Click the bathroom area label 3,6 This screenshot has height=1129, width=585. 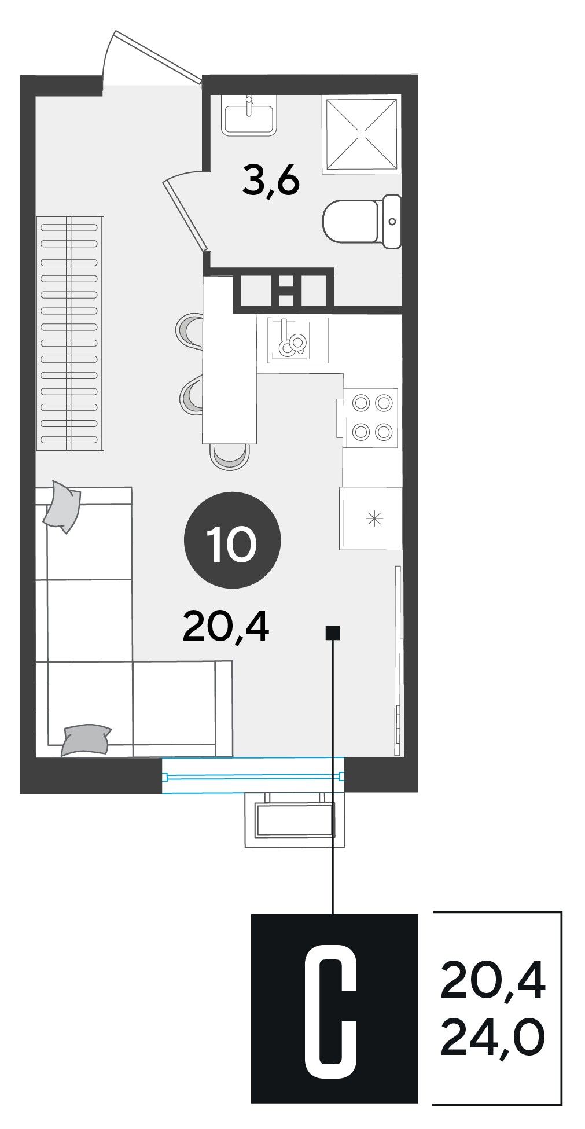[x=271, y=181]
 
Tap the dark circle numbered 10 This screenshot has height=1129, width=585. [x=232, y=540]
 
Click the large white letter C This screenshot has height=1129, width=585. [x=331, y=1012]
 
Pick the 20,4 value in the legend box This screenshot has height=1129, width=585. [x=493, y=981]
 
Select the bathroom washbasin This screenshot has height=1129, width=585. [x=249, y=115]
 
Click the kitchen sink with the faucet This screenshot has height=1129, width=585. [x=297, y=340]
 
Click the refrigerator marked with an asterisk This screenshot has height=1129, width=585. [x=371, y=518]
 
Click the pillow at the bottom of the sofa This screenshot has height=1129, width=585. [x=86, y=740]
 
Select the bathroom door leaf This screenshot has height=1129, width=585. [x=185, y=215]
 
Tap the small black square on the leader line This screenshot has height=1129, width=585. [x=333, y=633]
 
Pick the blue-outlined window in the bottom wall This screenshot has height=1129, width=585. [x=253, y=775]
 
